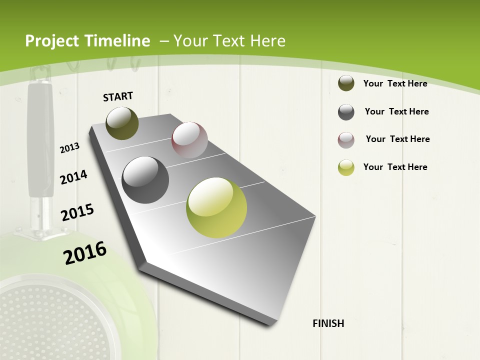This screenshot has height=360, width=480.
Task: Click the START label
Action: pos(118,96)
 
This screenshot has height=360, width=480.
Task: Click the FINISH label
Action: pos(328,323)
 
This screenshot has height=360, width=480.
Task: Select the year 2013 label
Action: pos(70,147)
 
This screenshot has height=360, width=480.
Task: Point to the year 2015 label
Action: pos(77,212)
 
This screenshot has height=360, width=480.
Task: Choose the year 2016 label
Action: pos(85,253)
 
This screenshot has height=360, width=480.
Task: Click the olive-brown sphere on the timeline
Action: pos(122,123)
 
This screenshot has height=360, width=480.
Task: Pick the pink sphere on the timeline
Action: pos(189,140)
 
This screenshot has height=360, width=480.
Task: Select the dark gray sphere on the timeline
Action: pos(145,180)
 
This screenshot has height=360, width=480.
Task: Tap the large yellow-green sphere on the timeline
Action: pos(216,207)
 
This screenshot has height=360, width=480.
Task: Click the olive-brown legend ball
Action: pos(346,83)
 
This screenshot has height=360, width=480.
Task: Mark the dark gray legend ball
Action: pos(346,112)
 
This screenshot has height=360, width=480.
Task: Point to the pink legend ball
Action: pos(346,140)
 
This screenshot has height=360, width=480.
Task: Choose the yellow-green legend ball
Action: pos(346,167)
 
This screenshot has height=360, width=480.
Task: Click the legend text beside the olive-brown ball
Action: pos(395,83)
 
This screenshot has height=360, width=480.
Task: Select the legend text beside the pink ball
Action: pos(397,139)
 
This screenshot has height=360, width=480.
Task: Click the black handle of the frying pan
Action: pos(40,140)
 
